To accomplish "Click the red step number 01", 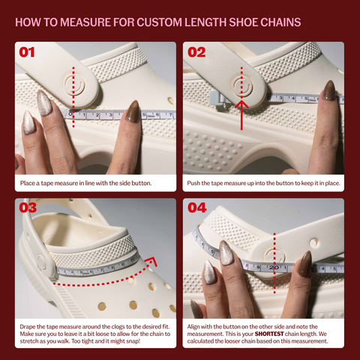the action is tap(27, 52).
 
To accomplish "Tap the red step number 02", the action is tap(196, 52).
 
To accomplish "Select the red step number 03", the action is tap(28, 208).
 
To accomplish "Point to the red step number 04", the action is tap(197, 208).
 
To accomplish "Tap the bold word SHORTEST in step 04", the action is tap(269, 334).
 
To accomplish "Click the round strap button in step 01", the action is tap(73, 85).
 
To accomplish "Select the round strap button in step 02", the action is tap(242, 85).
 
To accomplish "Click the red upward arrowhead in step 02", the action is tap(241, 103).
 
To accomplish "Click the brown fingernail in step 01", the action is tap(133, 111).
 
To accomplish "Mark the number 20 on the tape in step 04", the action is tap(274, 268).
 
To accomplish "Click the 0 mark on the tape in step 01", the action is tap(70, 114).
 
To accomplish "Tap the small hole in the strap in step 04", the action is tap(313, 242).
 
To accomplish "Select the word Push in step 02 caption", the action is tap(193, 183).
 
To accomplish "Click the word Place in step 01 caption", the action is tap(28, 183).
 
